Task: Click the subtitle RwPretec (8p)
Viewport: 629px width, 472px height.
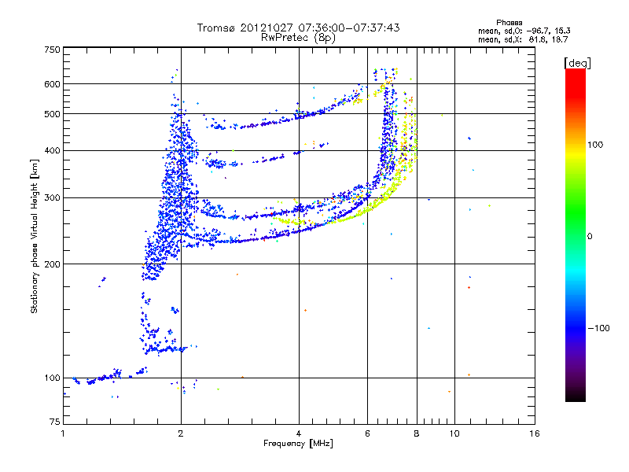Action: click(x=298, y=37)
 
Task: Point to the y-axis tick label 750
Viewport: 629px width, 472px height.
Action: click(x=52, y=50)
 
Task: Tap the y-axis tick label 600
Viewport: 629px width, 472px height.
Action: click(x=52, y=84)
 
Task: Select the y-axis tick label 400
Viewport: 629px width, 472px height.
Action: click(x=52, y=150)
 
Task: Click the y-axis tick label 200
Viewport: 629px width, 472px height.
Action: click(x=52, y=264)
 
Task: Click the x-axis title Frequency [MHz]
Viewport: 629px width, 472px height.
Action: click(x=298, y=444)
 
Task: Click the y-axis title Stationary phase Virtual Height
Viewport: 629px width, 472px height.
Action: click(x=35, y=236)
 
